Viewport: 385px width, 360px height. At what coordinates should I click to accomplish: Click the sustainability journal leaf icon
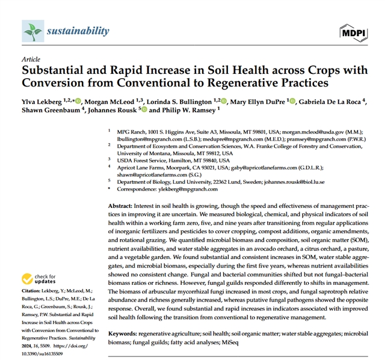point(32,30)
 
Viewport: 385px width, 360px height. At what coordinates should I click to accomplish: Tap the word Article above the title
point(30,60)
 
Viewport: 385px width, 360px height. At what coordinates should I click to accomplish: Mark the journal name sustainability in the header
point(78,31)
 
